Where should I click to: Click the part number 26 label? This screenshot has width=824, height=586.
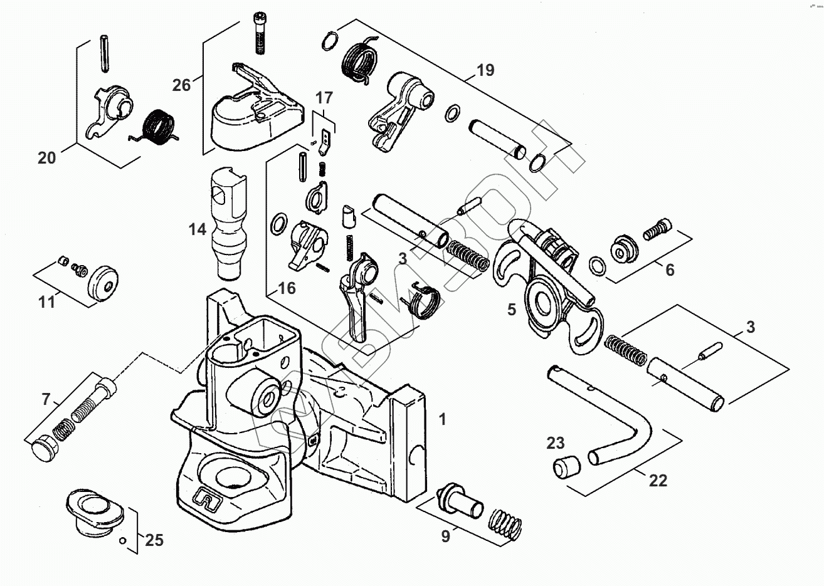click(x=182, y=84)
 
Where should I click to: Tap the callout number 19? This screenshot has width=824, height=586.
click(x=485, y=70)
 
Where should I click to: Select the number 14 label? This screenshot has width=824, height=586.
click(x=198, y=230)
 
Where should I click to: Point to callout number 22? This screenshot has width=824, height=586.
click(x=658, y=481)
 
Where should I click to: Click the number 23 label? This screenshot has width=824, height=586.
click(x=555, y=444)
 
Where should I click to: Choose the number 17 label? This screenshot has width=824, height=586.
click(x=324, y=98)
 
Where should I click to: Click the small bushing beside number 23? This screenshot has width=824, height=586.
click(x=565, y=466)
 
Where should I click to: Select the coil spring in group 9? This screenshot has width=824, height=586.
click(x=505, y=523)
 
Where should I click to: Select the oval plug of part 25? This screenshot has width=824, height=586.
click(x=93, y=510)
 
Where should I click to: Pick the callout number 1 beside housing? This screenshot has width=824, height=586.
click(x=443, y=419)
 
